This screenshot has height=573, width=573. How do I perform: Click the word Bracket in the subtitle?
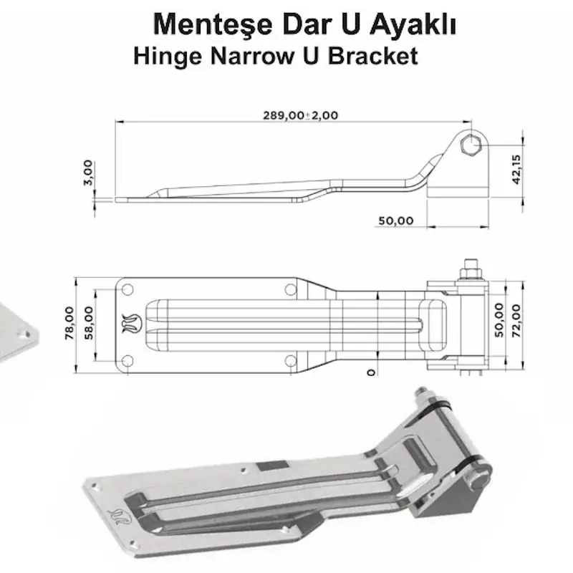372,56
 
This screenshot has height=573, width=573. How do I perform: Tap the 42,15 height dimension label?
517,169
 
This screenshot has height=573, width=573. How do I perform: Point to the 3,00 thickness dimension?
87,172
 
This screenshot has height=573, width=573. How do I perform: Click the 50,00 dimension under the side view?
396,221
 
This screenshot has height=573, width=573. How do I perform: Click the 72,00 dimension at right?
518,319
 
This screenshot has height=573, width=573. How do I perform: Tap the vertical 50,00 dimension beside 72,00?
499,319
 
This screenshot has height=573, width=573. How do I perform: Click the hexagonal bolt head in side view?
471,147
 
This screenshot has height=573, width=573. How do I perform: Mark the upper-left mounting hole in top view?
127,289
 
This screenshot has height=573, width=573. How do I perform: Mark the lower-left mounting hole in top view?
127,360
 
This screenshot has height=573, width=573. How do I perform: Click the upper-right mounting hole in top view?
290,289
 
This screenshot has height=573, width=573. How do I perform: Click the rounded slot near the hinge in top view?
434,324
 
